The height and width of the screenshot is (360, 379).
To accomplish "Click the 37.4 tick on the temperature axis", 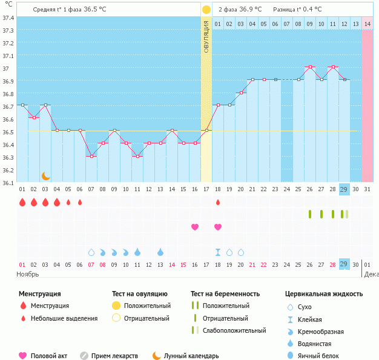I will click(8, 18).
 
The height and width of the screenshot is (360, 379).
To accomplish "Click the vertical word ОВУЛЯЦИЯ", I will click(206, 36).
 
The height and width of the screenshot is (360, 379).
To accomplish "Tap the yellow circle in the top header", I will click(206, 10).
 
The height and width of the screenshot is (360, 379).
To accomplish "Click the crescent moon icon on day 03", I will click(45, 175).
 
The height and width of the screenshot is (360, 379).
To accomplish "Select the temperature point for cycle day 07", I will click(91, 156).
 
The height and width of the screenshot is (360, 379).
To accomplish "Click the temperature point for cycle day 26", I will click(309, 67).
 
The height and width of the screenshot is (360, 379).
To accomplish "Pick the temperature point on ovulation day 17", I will click(206, 130).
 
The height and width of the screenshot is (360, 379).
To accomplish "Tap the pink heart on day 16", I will click(195, 227).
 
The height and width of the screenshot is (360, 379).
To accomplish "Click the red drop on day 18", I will click(218, 202).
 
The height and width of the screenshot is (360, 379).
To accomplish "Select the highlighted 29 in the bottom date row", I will click(344, 264).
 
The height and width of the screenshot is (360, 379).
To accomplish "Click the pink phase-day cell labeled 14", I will click(367, 24).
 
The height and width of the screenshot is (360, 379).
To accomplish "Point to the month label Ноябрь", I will click(28, 274).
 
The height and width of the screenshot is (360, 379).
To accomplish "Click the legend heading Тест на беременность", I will click(225, 294).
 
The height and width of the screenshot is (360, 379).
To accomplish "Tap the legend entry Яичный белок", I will click(323, 356).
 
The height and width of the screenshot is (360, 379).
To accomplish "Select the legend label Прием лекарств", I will click(114, 356).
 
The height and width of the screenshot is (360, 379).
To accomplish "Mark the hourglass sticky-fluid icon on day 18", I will click(218, 252).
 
